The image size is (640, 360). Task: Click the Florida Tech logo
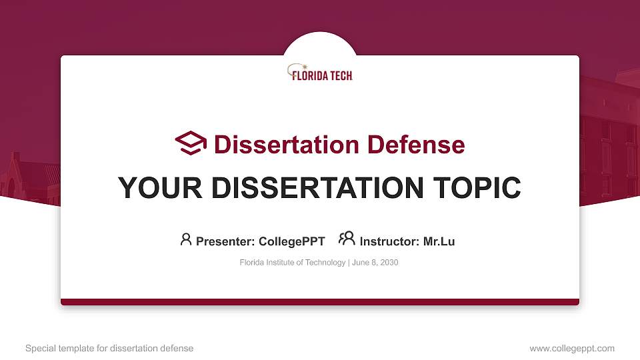(x=320, y=73)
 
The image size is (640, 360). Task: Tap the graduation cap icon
(x=191, y=143)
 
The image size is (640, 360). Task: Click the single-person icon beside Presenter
(x=186, y=239)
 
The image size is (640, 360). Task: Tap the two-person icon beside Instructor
(x=347, y=239)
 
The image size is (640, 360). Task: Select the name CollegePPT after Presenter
(x=291, y=241)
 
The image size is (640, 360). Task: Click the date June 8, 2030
(x=375, y=263)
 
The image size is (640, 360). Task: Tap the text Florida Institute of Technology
(x=292, y=263)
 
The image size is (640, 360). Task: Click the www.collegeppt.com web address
(x=572, y=348)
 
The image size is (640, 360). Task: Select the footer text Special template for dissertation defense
(x=109, y=348)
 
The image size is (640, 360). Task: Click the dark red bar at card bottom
(x=320, y=302)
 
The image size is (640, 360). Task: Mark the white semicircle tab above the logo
(x=320, y=44)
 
